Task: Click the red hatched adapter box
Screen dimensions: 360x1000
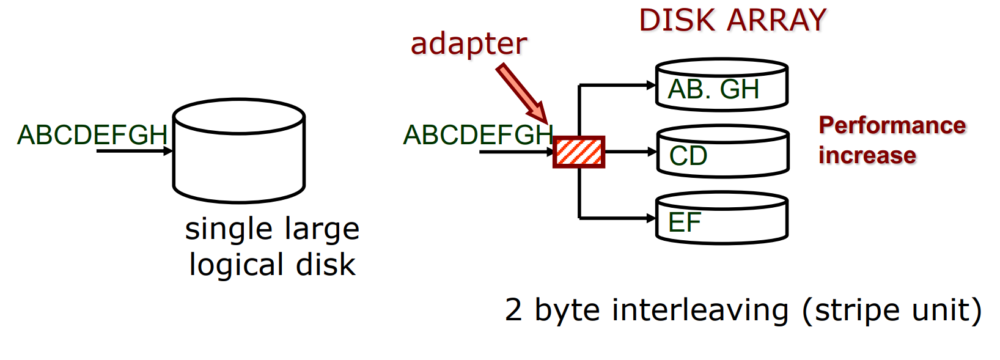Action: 578,152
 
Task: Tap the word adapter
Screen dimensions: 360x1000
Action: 468,44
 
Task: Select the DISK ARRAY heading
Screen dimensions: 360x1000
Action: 732,20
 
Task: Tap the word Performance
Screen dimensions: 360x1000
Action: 892,125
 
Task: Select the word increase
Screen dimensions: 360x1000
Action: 867,155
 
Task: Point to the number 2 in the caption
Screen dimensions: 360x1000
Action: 513,310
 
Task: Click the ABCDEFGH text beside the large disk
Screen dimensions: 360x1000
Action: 92,135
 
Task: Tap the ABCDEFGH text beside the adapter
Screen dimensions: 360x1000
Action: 478,135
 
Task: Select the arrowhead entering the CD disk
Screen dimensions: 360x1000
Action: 652,152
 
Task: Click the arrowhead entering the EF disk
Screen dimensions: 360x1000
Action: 652,218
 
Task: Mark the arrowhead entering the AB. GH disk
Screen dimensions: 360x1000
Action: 652,86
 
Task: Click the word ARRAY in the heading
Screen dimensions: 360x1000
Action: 776,20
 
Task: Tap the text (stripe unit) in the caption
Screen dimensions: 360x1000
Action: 892,310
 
